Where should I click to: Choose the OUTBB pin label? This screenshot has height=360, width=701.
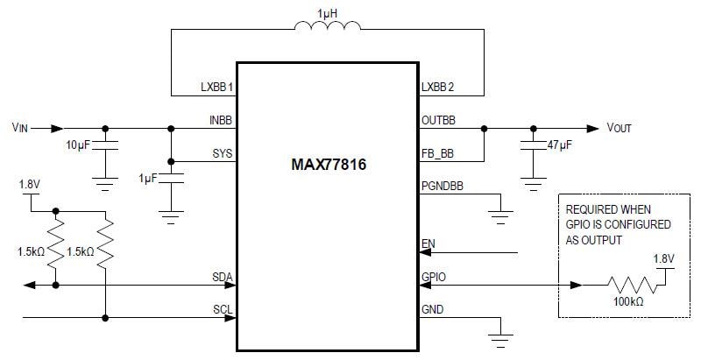coord(438,120)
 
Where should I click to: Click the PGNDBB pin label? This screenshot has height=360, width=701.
coord(442,187)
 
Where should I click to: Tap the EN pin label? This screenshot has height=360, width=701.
coord(428,244)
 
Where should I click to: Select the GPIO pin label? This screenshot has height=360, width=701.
coord(433,278)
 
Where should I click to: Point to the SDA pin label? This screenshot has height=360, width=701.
coord(223,278)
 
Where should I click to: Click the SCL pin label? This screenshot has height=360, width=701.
coord(223,310)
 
